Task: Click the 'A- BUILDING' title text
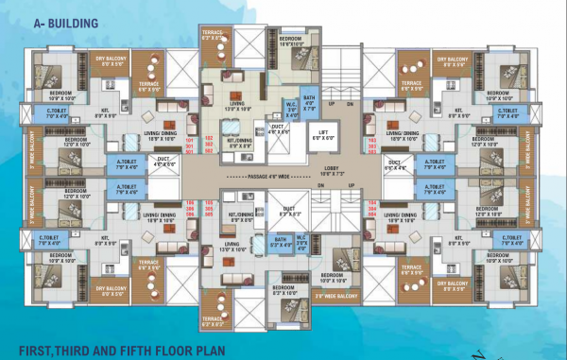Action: pos(47,15)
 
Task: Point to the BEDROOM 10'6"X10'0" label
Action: pos(298,40)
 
